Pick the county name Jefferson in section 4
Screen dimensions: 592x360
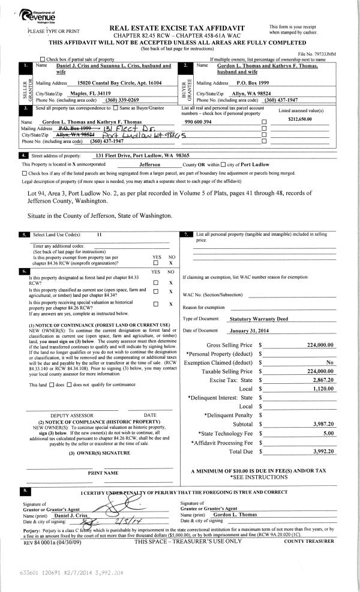click(x=142, y=163)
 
